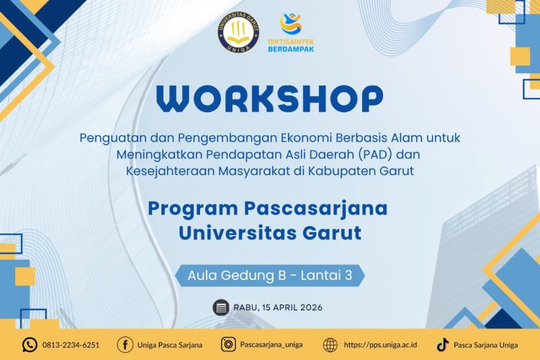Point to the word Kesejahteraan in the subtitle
click(x=161, y=171)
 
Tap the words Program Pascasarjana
click(x=268, y=209)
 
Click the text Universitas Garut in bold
click(x=269, y=233)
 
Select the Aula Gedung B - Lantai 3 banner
click(x=270, y=274)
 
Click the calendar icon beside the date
click(x=220, y=307)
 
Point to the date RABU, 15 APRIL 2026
click(x=278, y=307)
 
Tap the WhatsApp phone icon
click(x=30, y=344)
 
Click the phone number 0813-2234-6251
click(x=71, y=345)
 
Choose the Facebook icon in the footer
click(x=124, y=344)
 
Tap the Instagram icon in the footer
click(x=228, y=344)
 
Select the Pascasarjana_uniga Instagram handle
click(x=271, y=345)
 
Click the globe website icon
click(x=330, y=344)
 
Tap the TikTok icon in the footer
click(x=442, y=344)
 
